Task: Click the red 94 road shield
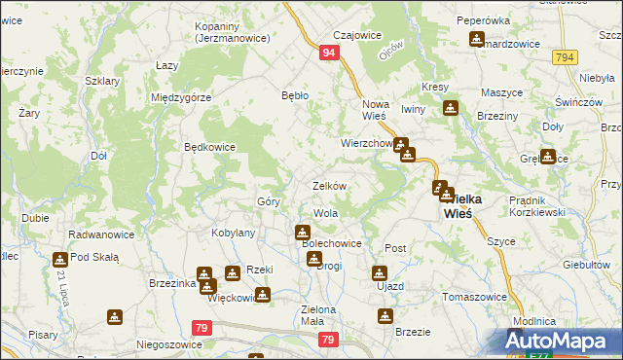(x=330, y=53)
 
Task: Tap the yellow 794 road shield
(x=565, y=58)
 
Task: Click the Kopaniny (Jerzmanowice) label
(x=225, y=33)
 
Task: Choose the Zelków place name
(x=329, y=185)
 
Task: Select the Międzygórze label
(x=182, y=97)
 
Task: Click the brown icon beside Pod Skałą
(x=58, y=258)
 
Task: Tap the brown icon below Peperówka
(x=476, y=40)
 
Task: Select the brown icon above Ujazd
(x=381, y=272)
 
